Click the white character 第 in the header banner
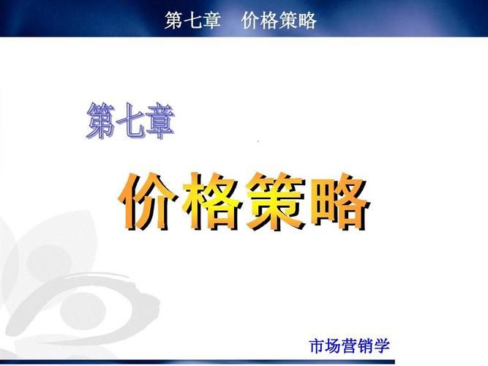click(174, 20)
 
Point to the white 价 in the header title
click(251, 20)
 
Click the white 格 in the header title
click(269, 20)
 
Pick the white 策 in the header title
click(288, 20)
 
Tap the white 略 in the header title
click(307, 20)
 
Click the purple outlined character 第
click(101, 121)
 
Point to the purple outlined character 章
click(160, 121)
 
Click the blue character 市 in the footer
click(318, 346)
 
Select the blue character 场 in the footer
click(334, 346)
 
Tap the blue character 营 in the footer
click(350, 346)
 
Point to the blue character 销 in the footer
click(365, 346)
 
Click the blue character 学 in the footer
click(382, 346)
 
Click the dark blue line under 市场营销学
click(198, 362)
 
